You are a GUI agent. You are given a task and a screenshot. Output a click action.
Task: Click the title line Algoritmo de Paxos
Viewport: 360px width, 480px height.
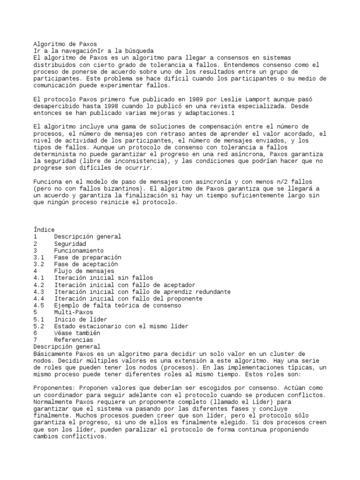tap(65, 44)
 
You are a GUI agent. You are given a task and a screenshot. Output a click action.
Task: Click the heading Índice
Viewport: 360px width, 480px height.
tap(44, 230)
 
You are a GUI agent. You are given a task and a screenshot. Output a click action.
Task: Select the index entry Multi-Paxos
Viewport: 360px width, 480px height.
tap(74, 312)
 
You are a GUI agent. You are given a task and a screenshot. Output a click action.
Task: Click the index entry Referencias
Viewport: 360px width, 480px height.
tap(74, 340)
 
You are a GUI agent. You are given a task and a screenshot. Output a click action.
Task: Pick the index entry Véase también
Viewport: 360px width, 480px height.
tap(77, 333)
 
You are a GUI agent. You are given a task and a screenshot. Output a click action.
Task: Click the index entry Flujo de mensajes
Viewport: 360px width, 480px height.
tap(84, 271)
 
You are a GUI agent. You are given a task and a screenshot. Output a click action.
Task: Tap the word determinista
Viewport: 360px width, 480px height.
tap(54, 154)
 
